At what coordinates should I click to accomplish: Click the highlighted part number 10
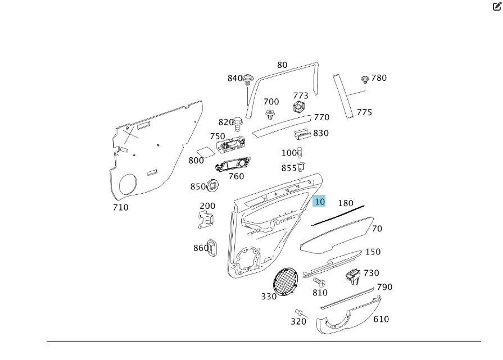319,202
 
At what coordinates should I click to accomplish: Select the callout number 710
120,207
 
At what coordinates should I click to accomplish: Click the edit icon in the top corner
496,7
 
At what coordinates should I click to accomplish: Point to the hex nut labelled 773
300,107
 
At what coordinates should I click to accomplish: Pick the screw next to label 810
319,281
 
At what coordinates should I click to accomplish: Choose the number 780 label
379,78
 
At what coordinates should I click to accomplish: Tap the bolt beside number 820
239,122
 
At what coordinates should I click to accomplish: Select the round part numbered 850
213,185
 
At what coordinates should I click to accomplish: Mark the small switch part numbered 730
352,275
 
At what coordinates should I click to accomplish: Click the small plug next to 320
299,312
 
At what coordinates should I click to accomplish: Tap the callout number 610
381,319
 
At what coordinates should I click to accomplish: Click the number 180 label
346,203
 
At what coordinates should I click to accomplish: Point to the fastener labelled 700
270,115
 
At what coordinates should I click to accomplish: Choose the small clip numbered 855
301,166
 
